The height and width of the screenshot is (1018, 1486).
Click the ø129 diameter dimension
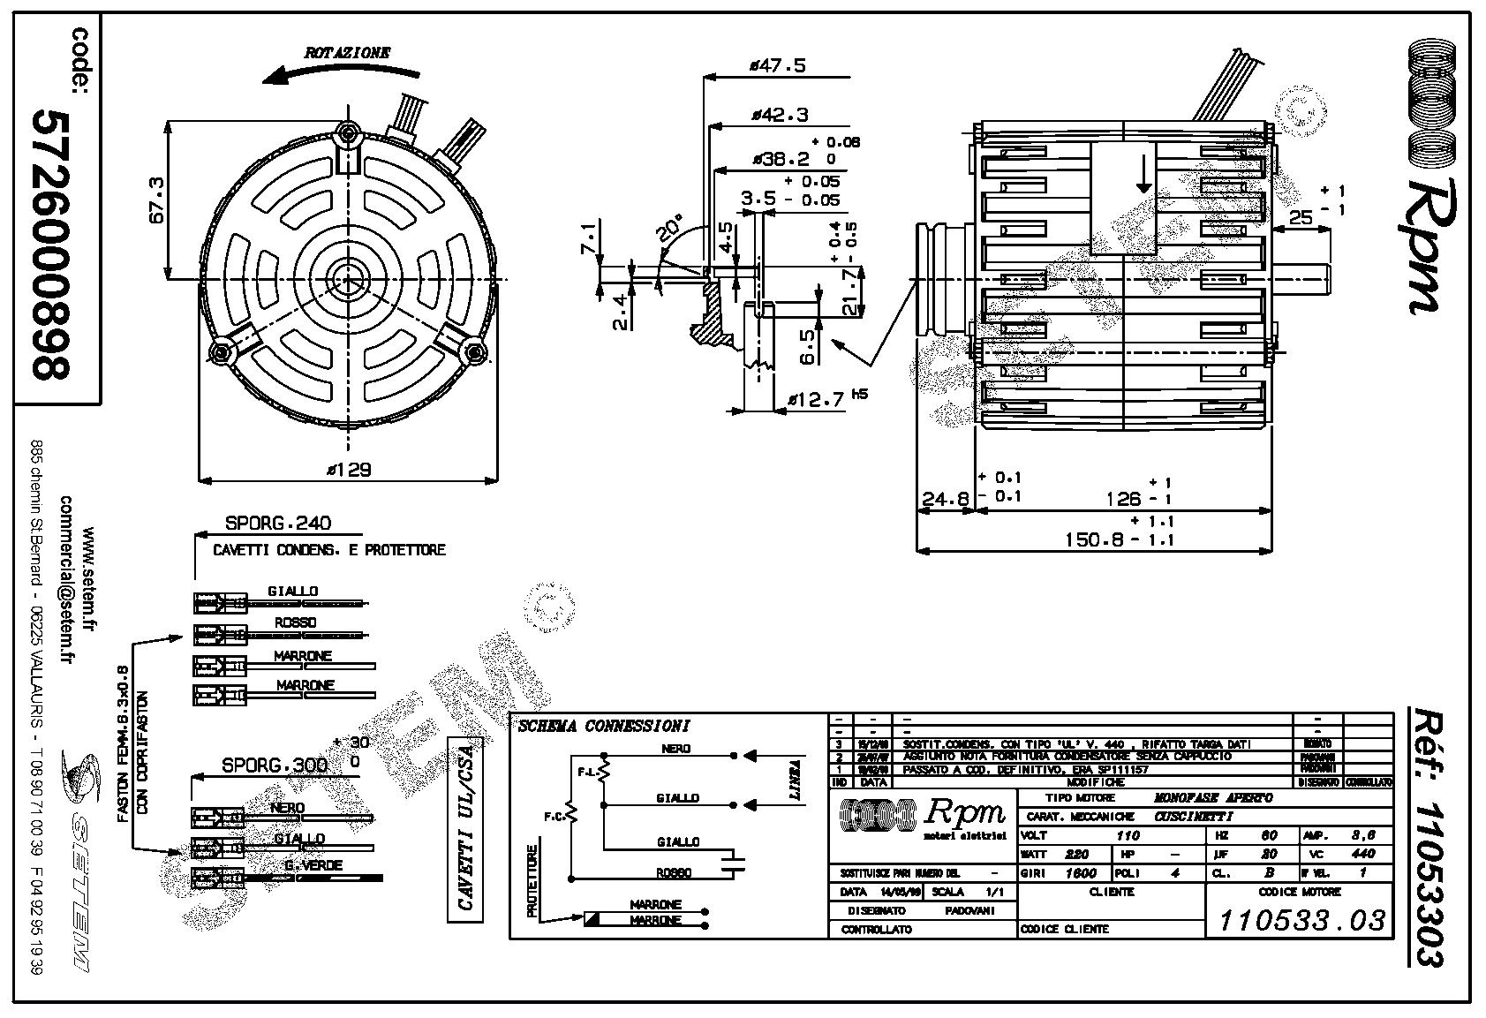(x=348, y=469)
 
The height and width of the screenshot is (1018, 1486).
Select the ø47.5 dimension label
(x=777, y=65)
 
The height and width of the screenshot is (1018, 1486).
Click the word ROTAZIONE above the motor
(x=347, y=53)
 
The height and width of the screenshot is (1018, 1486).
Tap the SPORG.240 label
(x=278, y=523)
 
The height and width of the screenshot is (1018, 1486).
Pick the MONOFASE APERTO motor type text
(x=1213, y=797)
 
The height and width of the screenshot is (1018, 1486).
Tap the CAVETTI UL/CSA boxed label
(x=465, y=829)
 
